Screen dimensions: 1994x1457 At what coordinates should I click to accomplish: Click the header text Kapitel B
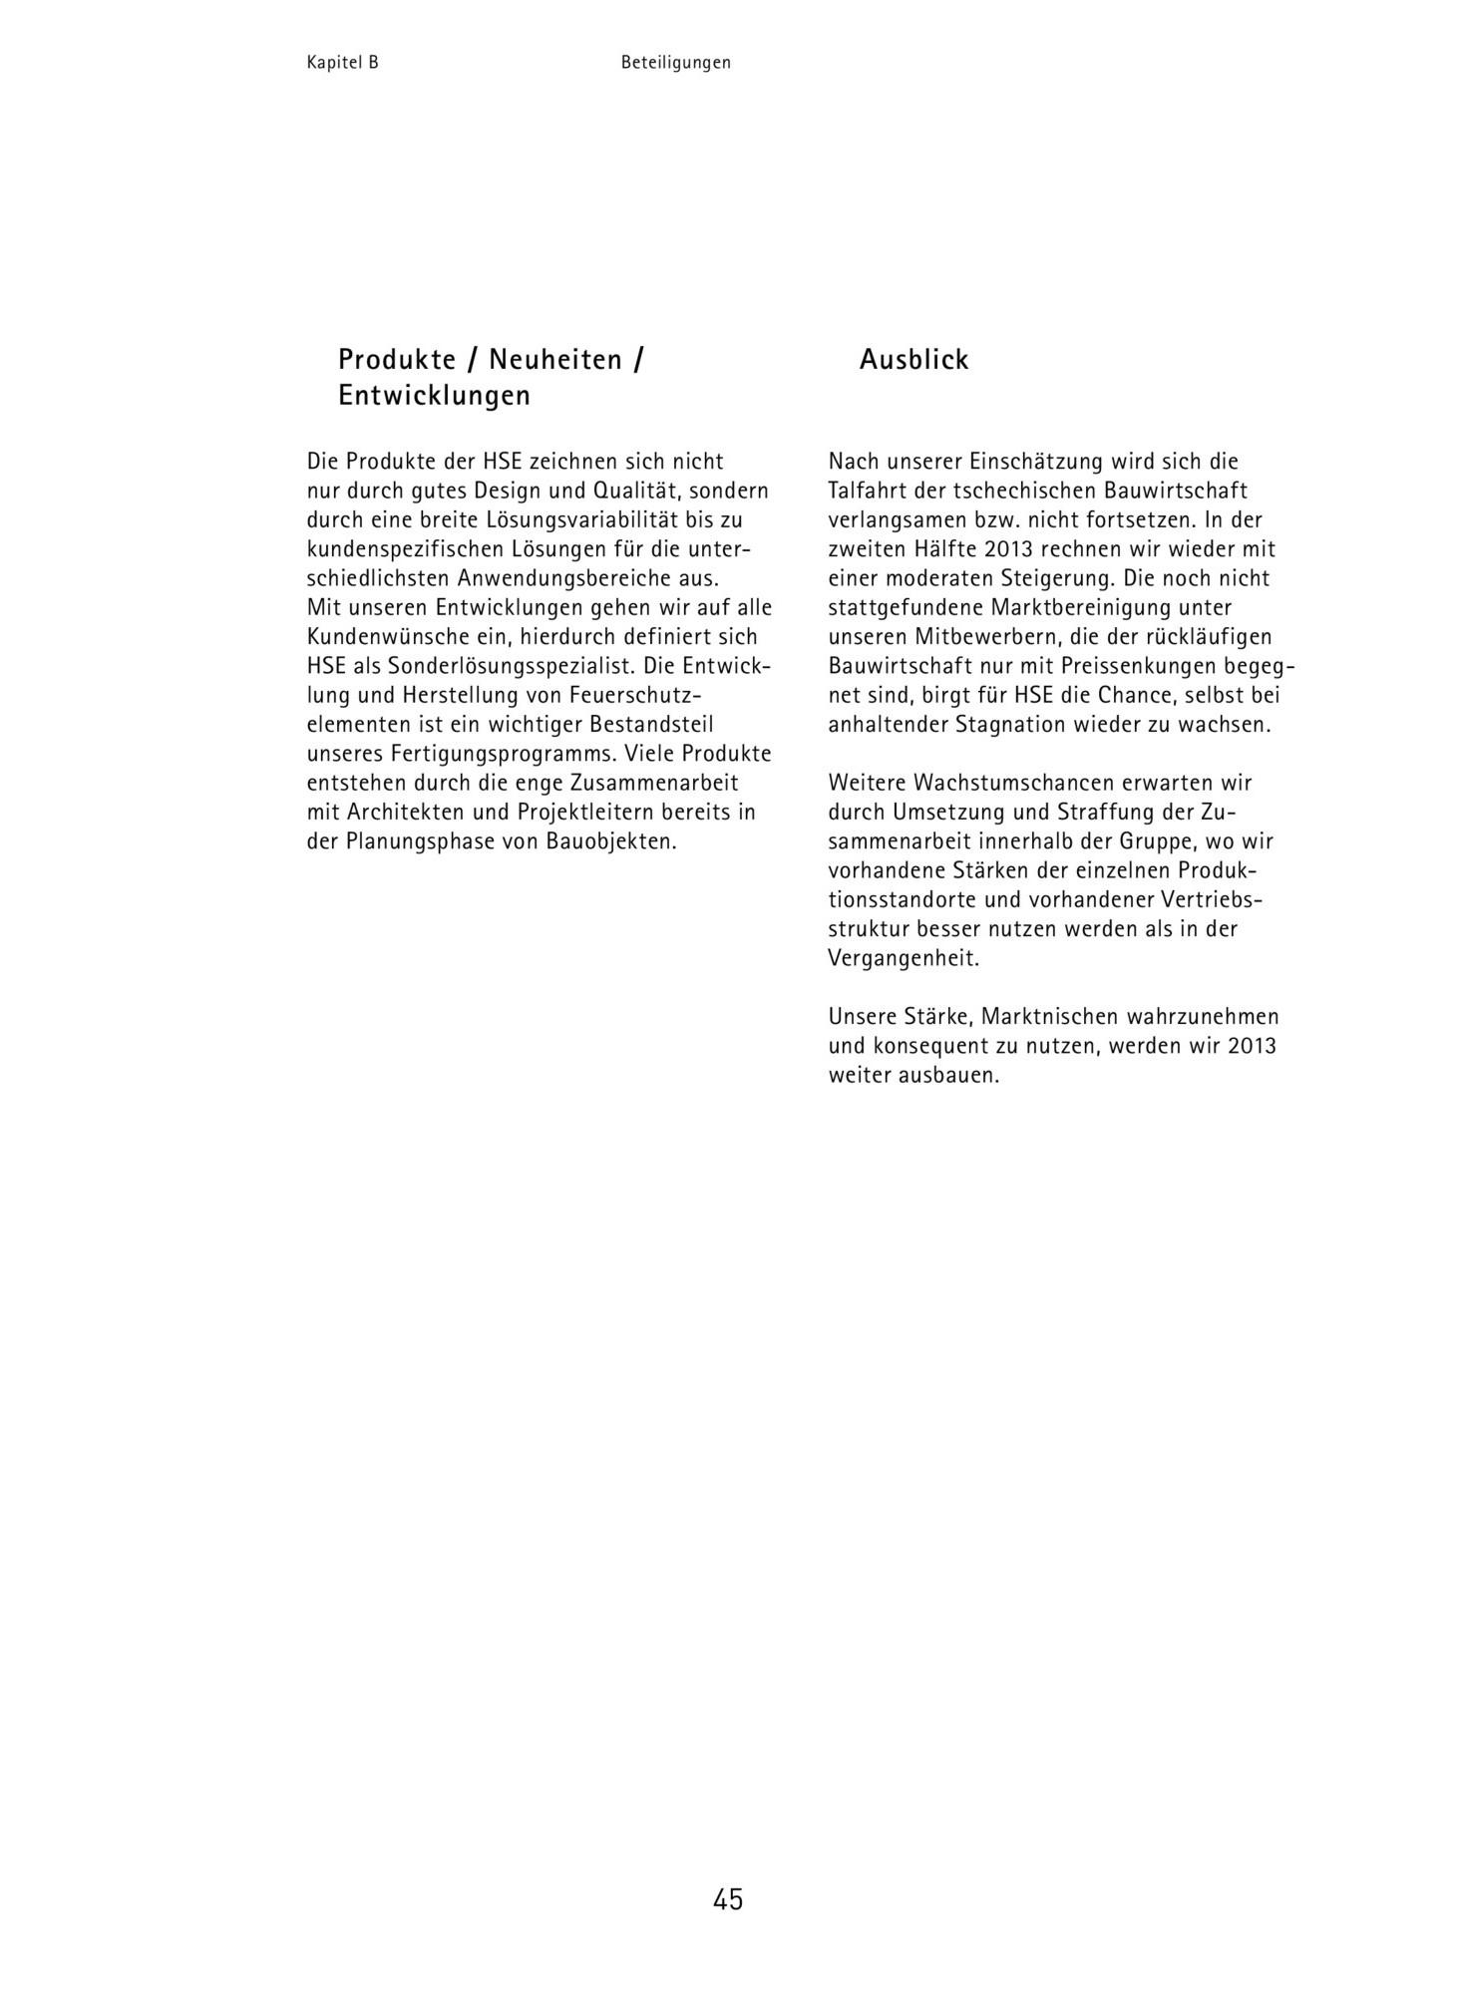coord(342,63)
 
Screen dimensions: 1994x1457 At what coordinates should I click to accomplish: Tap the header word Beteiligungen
coord(675,63)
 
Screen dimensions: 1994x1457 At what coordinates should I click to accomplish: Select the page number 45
coord(728,1899)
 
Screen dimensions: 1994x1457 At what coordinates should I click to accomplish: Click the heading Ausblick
coord(913,360)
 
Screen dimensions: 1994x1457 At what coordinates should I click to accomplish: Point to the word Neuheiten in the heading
coord(555,360)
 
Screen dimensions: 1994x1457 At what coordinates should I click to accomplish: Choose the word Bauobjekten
coord(611,841)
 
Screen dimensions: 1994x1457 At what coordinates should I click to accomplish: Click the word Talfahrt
coord(866,492)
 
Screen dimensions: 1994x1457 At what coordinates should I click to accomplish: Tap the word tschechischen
coord(1013,492)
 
